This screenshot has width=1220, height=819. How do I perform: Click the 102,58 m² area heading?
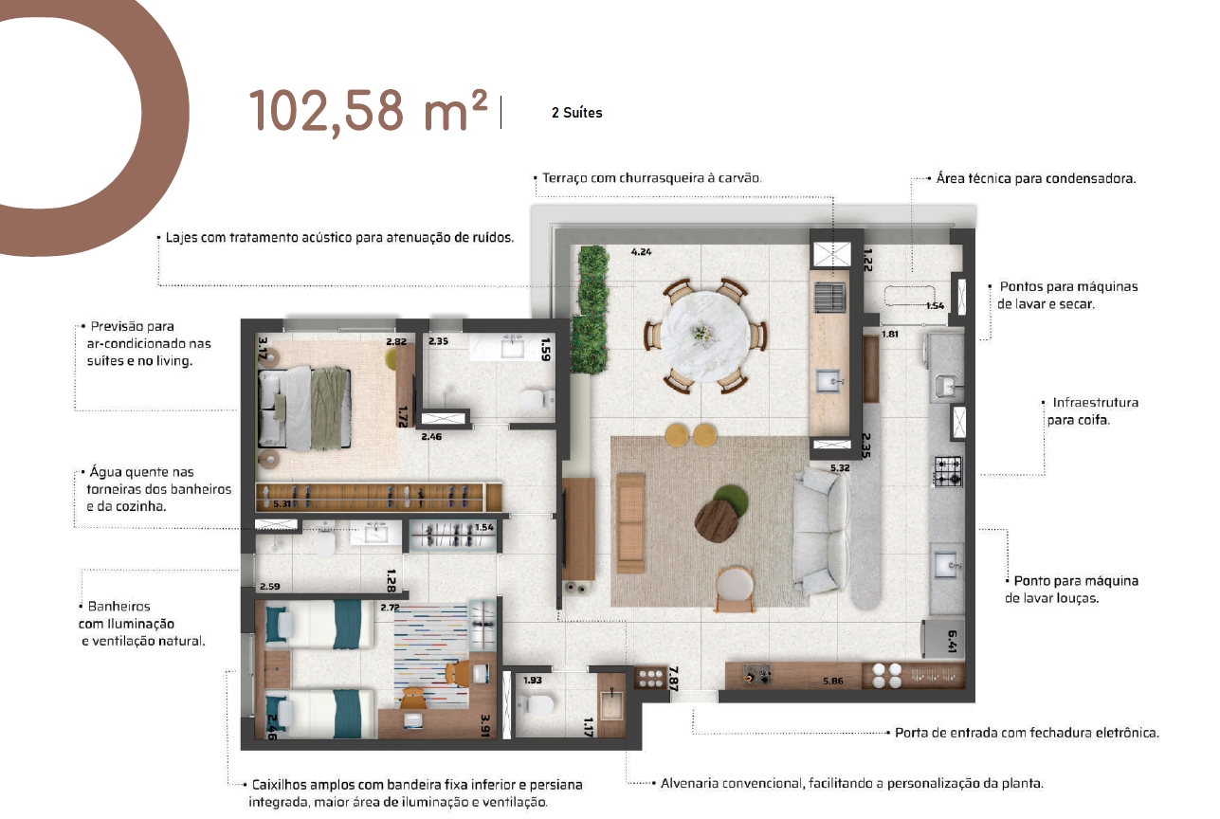pyautogui.click(x=368, y=112)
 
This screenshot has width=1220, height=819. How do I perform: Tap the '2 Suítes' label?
pyautogui.click(x=576, y=113)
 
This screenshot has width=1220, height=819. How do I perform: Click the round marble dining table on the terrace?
pyautogui.click(x=705, y=336)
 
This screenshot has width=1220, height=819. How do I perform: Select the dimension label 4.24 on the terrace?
pyautogui.click(x=641, y=251)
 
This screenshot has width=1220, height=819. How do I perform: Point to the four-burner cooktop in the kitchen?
pyautogui.click(x=948, y=471)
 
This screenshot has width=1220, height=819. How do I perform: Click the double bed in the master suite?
pyautogui.click(x=304, y=409)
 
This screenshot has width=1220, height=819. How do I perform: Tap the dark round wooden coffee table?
pyautogui.click(x=715, y=520)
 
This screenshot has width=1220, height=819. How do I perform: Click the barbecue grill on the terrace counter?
pyautogui.click(x=830, y=298)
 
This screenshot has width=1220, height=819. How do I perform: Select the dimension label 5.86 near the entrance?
pyautogui.click(x=832, y=681)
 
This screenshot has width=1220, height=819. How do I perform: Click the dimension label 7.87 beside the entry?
pyautogui.click(x=674, y=679)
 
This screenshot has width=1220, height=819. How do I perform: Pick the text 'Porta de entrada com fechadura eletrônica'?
pyautogui.click(x=1027, y=733)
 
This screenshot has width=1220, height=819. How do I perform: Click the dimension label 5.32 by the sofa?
pyautogui.click(x=840, y=467)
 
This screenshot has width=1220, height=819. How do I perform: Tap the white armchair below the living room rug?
pyautogui.click(x=736, y=588)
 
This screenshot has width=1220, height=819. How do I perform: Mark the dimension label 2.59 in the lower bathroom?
pyautogui.click(x=269, y=587)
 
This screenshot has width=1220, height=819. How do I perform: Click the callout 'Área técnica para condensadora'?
pyautogui.click(x=1036, y=178)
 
